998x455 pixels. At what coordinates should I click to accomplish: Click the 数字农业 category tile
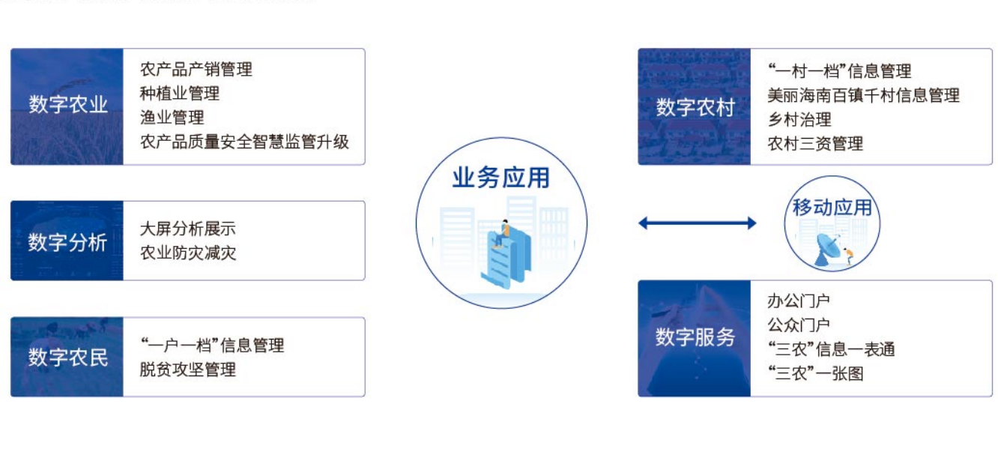(x=67, y=106)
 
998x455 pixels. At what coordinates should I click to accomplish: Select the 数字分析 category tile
(x=67, y=241)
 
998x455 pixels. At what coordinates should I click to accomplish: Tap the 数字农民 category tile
(x=67, y=357)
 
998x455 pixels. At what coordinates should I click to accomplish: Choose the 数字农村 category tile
(x=694, y=106)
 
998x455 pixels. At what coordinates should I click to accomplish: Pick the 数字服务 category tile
(x=694, y=338)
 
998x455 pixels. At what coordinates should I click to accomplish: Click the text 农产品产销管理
(x=196, y=70)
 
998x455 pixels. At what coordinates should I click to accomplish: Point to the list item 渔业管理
(x=172, y=118)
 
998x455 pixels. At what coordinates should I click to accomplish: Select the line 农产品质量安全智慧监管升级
(x=244, y=142)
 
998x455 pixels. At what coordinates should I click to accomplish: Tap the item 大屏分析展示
(x=187, y=229)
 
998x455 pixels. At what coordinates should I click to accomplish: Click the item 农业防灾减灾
(x=187, y=253)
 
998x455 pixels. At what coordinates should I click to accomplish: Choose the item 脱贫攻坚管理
(x=187, y=370)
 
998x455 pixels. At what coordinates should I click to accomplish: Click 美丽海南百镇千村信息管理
(x=863, y=95)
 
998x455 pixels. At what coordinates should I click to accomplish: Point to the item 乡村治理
(x=799, y=119)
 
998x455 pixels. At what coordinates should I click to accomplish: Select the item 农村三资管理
(x=815, y=143)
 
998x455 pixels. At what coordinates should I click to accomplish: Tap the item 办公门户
(x=799, y=301)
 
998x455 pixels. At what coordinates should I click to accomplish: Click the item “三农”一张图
(x=816, y=373)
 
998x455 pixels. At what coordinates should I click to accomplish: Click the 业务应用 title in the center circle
(x=501, y=178)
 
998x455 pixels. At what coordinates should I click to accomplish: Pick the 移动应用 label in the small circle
(x=832, y=207)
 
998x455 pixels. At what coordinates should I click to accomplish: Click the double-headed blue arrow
(x=698, y=223)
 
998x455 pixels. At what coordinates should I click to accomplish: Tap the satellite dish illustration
(x=828, y=250)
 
